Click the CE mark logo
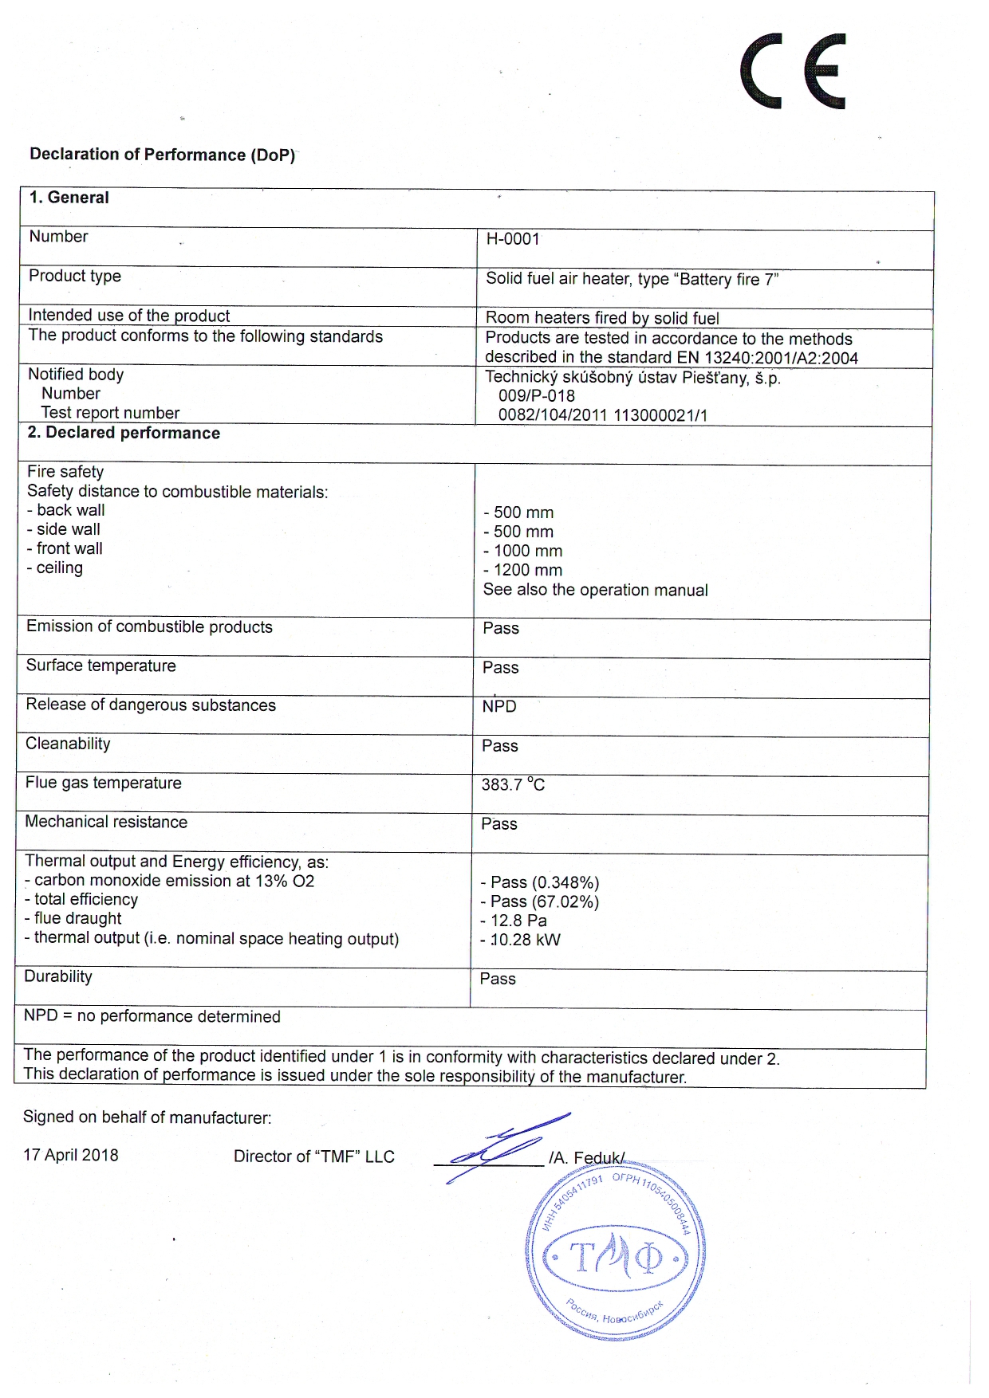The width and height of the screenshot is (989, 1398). point(793,71)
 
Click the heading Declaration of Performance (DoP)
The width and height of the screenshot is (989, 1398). point(163,155)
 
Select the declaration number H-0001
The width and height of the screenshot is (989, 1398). point(513,239)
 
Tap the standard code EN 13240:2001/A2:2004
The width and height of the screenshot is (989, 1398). point(781,358)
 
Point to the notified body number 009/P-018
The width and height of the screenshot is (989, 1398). point(536,396)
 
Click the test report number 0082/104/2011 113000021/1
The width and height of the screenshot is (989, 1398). point(602,415)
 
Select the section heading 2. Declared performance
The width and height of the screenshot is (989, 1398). point(124,433)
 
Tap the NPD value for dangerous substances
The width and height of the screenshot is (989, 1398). point(499,706)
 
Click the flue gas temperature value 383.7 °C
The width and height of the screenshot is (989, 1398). point(513,784)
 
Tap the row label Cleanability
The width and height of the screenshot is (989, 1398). point(68,744)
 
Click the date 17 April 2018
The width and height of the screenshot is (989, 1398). point(70,1155)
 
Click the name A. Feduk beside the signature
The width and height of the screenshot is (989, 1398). point(587,1157)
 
